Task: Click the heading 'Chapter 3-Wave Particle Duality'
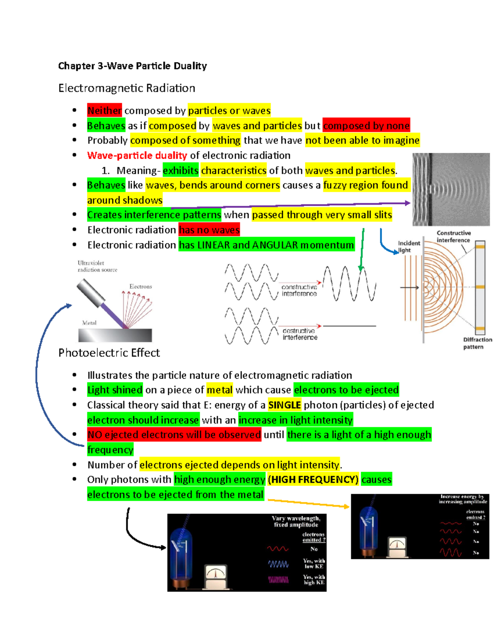(133, 66)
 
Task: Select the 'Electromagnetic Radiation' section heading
(127, 88)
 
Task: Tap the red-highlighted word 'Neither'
(105, 110)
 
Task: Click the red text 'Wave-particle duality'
(137, 155)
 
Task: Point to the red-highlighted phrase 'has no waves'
(209, 230)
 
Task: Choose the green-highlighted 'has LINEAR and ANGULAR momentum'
(267, 245)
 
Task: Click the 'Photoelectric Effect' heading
(109, 352)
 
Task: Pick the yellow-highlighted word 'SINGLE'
(284, 405)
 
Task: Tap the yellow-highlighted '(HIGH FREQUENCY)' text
(313, 479)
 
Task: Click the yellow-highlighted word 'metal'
(219, 390)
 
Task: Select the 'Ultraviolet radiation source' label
(98, 266)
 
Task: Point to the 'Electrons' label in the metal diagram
(141, 286)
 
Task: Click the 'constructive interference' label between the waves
(299, 290)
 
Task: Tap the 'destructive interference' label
(300, 334)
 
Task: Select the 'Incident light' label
(409, 246)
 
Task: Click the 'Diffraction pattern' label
(478, 343)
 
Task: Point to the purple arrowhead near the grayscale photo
(408, 203)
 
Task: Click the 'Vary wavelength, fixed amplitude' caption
(296, 521)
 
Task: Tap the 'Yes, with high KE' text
(314, 579)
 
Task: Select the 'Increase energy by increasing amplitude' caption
(463, 499)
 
